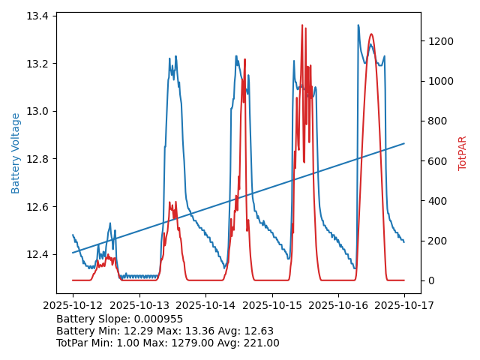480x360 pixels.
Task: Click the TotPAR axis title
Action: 463,153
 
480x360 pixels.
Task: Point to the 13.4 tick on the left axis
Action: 37,16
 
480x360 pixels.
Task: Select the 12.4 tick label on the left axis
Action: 37,254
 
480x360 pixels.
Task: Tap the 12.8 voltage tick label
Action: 37,159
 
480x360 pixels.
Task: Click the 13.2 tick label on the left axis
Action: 37,64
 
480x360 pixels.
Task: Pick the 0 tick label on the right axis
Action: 430,280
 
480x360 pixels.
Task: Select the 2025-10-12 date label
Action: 73,307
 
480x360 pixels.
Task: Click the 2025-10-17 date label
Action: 404,307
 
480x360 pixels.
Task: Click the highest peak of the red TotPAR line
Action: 302,25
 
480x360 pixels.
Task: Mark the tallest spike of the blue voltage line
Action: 358,25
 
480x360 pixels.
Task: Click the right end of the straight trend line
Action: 404,143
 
